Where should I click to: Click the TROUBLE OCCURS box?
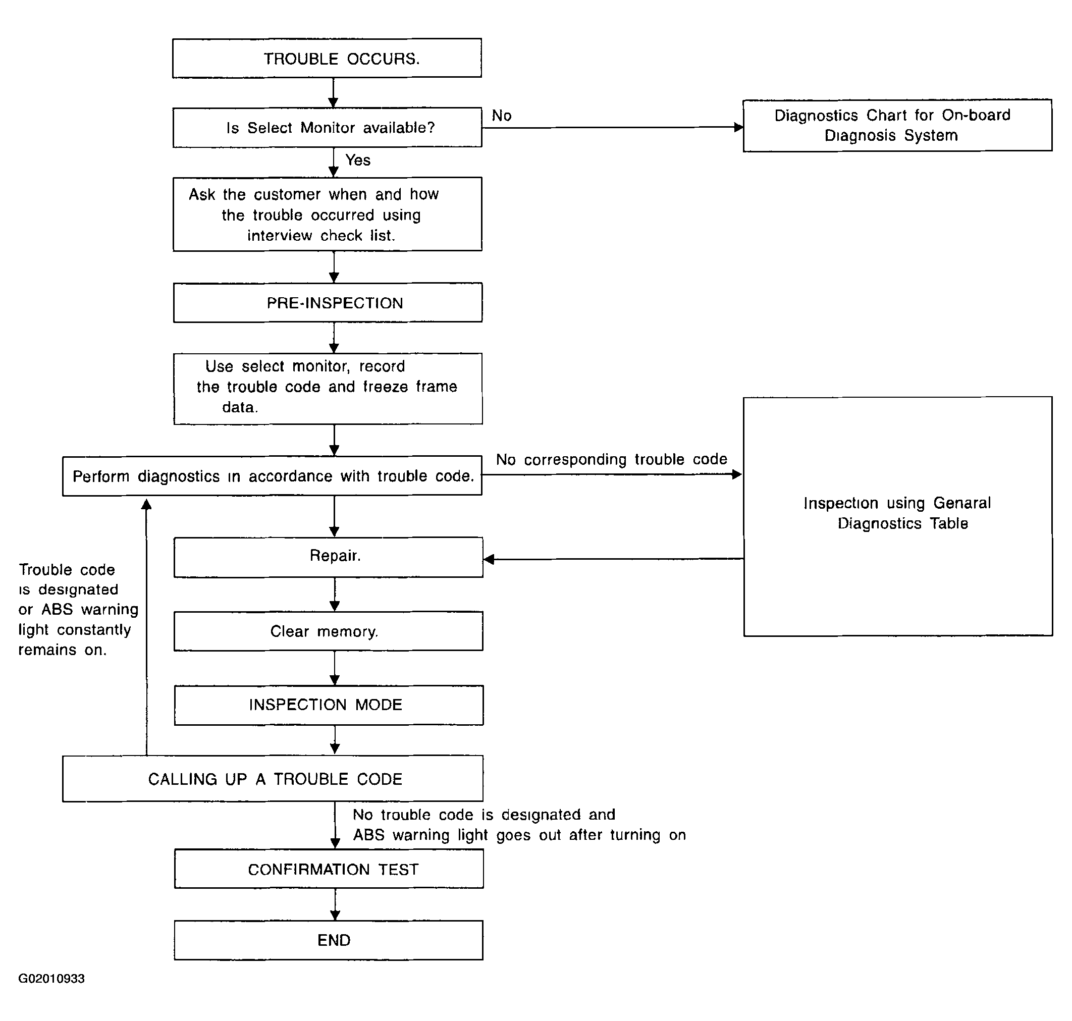pos(327,58)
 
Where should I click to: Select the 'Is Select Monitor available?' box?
pos(327,127)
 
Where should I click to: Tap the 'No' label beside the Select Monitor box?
pos(502,116)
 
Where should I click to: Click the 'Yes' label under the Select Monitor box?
pos(358,160)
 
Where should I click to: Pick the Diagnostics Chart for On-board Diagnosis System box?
pos(897,125)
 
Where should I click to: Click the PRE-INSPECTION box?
pos(328,303)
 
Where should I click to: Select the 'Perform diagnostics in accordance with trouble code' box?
pos(272,475)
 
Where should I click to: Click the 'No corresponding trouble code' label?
pos(612,459)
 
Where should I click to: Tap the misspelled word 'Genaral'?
pos(962,503)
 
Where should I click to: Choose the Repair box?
pos(328,557)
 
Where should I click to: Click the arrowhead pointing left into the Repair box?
pos(489,559)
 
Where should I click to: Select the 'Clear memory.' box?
pos(328,631)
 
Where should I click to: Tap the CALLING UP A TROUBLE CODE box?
pos(273,778)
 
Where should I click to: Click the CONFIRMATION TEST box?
pos(329,869)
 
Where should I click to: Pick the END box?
pos(329,940)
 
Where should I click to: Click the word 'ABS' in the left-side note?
pos(57,609)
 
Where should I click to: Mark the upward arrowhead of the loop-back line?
pos(146,505)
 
